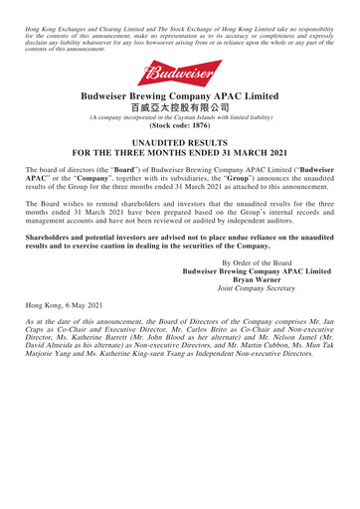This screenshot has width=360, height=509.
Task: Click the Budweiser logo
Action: (x=179, y=67)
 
